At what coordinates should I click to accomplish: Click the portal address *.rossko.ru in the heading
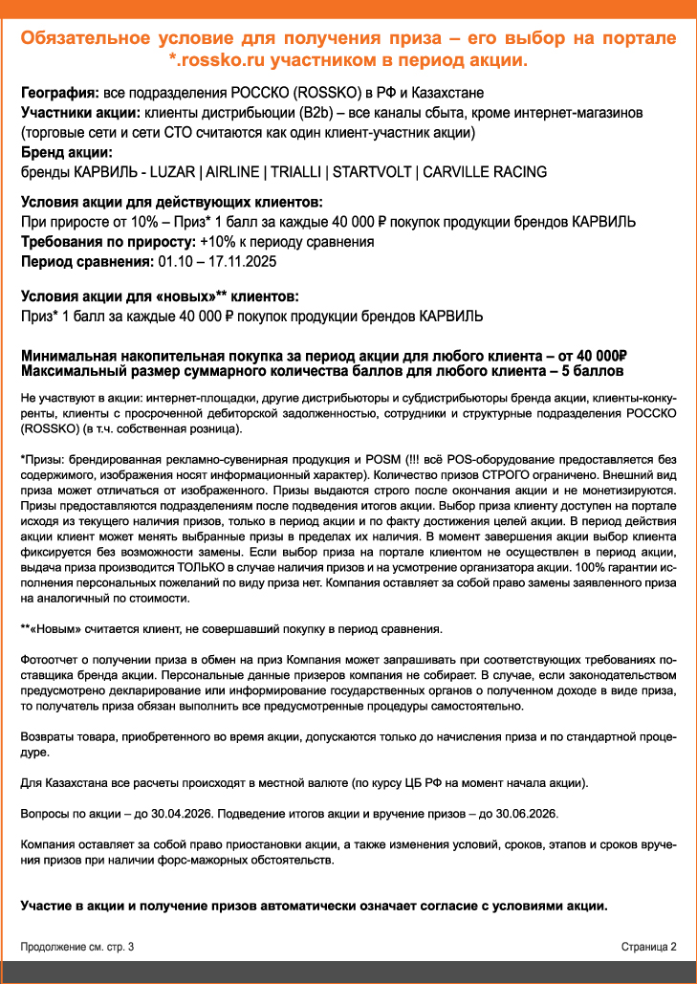point(217,60)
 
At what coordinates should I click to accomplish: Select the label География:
point(58,94)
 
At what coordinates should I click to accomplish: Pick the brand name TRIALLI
point(294,172)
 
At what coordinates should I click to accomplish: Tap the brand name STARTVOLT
point(368,172)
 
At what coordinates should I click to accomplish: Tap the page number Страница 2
point(648,947)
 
